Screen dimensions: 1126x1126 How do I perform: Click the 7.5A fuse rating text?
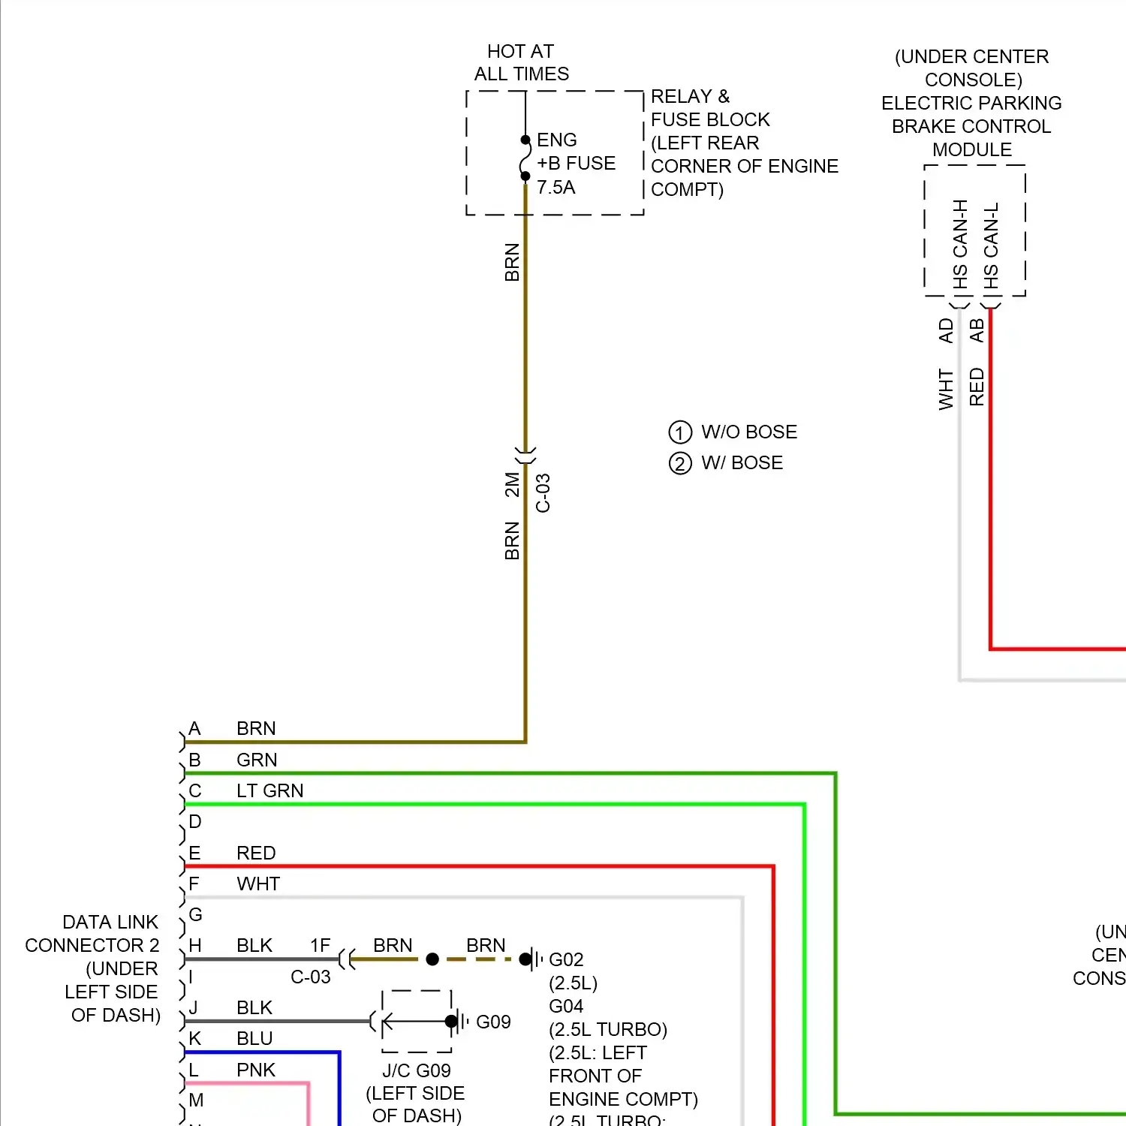pyautogui.click(x=555, y=188)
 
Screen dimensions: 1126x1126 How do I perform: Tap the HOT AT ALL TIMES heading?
pyautogui.click(x=521, y=62)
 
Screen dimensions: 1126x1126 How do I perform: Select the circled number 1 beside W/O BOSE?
pyautogui.click(x=679, y=432)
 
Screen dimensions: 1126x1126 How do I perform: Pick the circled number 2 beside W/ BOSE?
pyautogui.click(x=679, y=463)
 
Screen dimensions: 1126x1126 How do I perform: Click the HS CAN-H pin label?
pyautogui.click(x=960, y=244)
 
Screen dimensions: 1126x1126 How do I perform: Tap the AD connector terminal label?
pyautogui.click(x=946, y=330)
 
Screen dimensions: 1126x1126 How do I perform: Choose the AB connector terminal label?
pyautogui.click(x=977, y=330)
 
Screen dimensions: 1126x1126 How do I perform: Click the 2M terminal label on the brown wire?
pyautogui.click(x=512, y=484)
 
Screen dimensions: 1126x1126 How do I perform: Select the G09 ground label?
pyautogui.click(x=493, y=1022)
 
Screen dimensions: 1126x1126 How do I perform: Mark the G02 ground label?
pyautogui.click(x=566, y=959)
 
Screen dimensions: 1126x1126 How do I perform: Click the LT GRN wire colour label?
pyautogui.click(x=269, y=790)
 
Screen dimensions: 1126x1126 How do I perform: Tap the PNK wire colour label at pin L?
pyautogui.click(x=256, y=1070)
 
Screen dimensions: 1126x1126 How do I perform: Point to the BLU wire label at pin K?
pyautogui.click(x=254, y=1038)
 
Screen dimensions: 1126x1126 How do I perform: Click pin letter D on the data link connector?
pyautogui.click(x=195, y=821)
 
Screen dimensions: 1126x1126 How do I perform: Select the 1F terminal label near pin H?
pyautogui.click(x=321, y=945)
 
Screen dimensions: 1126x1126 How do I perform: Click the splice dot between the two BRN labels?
pyautogui.click(x=432, y=959)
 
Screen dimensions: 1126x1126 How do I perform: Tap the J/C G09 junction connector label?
pyautogui.click(x=417, y=1070)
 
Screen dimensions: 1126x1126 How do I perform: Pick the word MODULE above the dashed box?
pyautogui.click(x=972, y=149)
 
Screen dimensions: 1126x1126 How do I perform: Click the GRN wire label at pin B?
pyautogui.click(x=257, y=760)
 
